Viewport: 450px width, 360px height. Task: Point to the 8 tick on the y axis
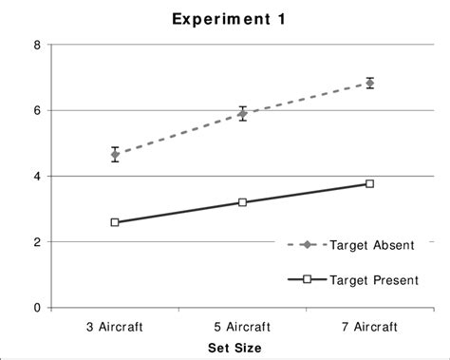tap(36, 45)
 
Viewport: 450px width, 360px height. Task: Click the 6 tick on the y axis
tap(36, 110)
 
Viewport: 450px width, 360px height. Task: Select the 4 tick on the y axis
tap(36, 176)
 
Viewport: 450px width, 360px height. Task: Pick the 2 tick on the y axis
tap(36, 242)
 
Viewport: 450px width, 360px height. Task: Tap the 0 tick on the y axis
tap(36, 308)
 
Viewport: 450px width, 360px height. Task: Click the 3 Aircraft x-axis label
tap(115, 326)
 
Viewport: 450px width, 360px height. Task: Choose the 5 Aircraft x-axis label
tap(242, 326)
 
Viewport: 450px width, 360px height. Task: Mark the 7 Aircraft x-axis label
tap(369, 326)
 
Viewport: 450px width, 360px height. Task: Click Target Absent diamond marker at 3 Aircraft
tap(115, 154)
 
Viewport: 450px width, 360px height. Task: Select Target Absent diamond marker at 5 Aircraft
tap(242, 113)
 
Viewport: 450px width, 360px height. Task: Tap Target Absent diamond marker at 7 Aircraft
tap(369, 84)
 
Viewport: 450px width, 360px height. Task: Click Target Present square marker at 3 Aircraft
tap(115, 222)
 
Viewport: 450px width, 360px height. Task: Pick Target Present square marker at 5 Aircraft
tap(242, 202)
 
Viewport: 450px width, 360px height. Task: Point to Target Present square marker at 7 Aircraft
tap(369, 183)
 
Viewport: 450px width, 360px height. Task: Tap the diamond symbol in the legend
tap(307, 245)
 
